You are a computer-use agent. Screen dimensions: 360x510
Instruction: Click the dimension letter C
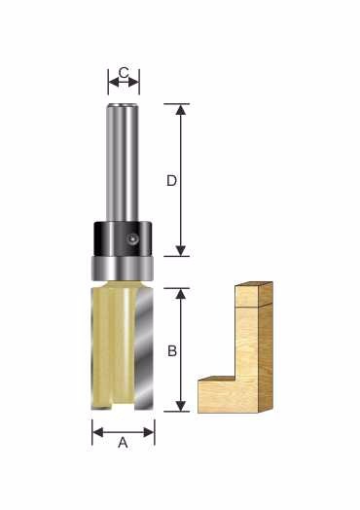click(x=124, y=73)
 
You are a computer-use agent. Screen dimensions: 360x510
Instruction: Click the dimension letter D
click(x=171, y=180)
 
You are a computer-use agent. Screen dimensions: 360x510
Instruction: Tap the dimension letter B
click(x=172, y=351)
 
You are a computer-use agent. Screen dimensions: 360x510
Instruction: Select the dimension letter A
click(x=123, y=443)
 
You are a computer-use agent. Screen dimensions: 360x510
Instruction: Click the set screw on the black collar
click(x=132, y=238)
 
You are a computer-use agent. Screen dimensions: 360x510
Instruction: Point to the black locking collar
click(x=123, y=238)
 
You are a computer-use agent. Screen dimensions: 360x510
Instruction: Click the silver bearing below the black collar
click(x=123, y=269)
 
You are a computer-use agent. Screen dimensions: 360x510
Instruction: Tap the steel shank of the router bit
click(x=121, y=163)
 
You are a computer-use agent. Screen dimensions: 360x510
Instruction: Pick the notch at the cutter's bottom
click(x=124, y=405)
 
